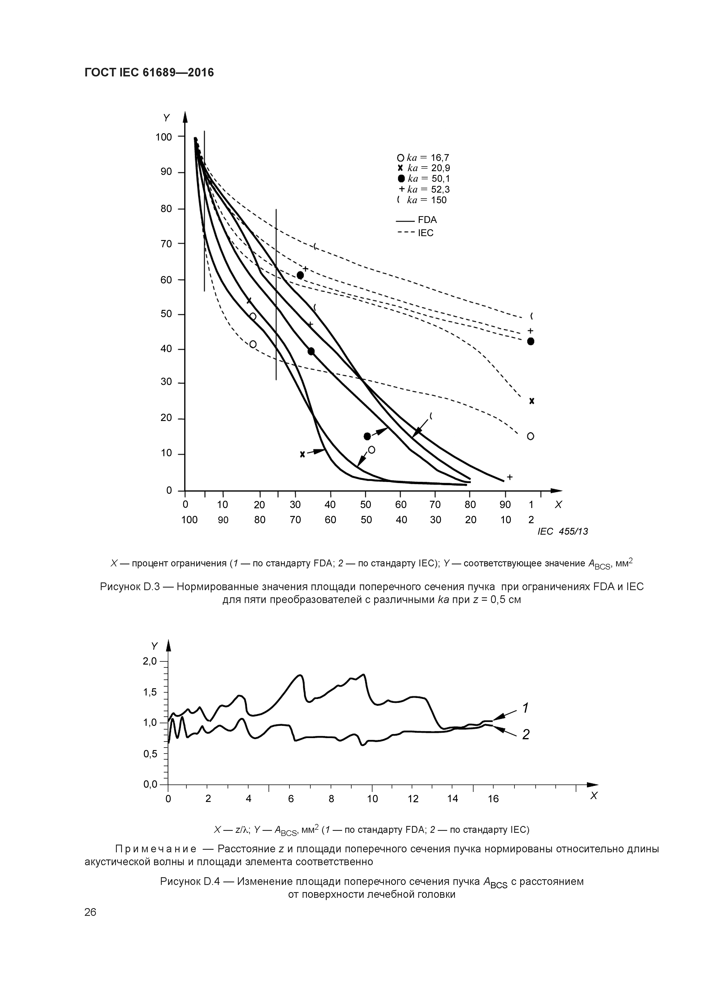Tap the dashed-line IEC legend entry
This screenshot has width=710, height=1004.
point(416,233)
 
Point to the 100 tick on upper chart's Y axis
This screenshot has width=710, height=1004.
point(164,137)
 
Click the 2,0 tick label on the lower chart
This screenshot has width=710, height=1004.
point(150,661)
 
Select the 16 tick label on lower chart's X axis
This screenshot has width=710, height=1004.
point(493,799)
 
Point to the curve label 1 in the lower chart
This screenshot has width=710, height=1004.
point(525,707)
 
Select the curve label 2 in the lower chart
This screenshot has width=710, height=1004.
point(525,735)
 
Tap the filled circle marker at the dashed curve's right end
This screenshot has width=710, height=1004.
point(531,341)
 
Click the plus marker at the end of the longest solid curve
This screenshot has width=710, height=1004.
point(510,477)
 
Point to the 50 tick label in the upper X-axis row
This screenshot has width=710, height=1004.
point(365,505)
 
